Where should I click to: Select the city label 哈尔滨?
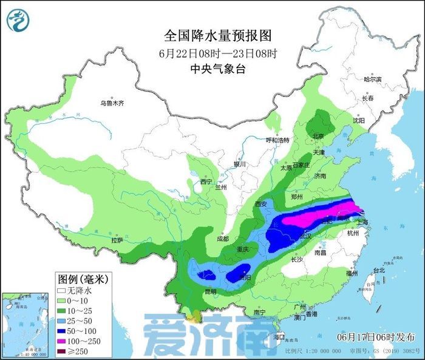pos(372,80)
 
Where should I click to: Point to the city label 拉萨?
pos(117,241)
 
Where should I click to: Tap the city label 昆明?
pos(210,292)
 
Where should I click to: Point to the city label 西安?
pos(261,204)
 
